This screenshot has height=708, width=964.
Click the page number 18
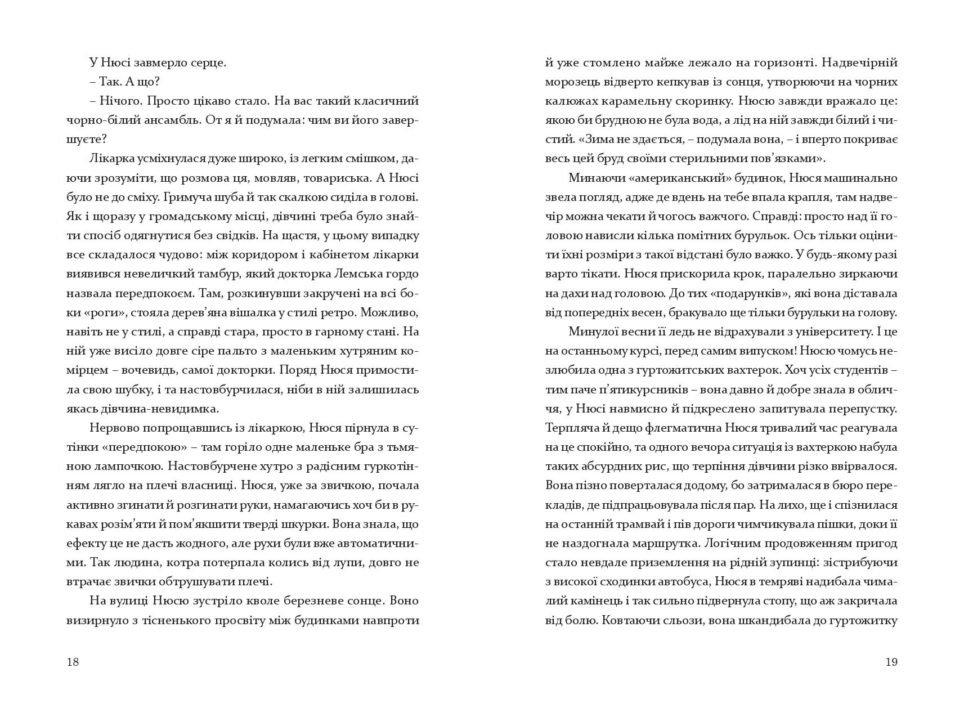(x=73, y=662)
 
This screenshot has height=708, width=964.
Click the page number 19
(x=891, y=662)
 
